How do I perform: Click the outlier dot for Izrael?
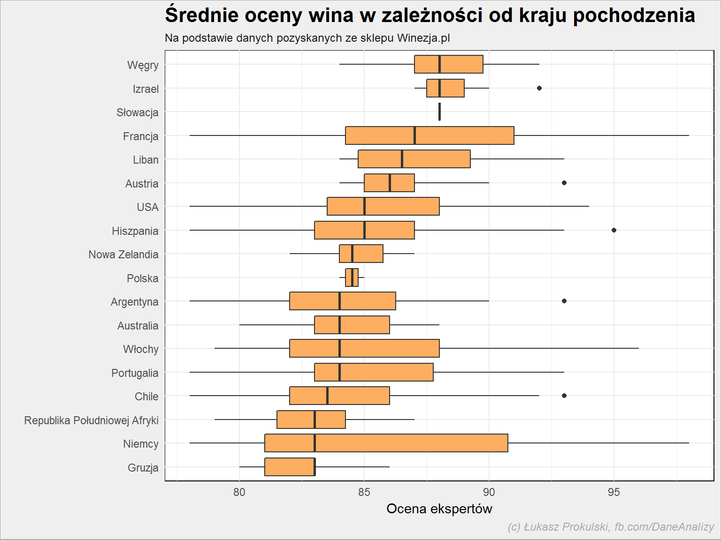pos(539,88)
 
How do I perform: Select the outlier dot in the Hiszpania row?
pos(614,230)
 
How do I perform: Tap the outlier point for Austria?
pos(564,183)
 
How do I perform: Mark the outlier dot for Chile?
pos(564,396)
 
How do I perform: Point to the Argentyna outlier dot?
pos(564,301)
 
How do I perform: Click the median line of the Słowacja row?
pos(439,112)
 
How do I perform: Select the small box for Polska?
pos(352,277)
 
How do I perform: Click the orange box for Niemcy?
pos(386,443)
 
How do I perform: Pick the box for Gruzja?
pos(290,466)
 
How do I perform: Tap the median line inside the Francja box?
pos(414,135)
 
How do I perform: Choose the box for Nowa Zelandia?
pos(361,254)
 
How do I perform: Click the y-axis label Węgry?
pos(143,66)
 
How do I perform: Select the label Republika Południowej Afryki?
pos(92,420)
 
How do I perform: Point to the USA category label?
pos(147,207)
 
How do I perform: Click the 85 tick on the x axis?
pos(364,492)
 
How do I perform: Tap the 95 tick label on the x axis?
pos(614,492)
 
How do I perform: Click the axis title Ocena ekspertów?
pos(439,509)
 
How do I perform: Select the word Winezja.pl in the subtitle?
pos(423,38)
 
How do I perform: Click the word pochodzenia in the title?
pos(634,15)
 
